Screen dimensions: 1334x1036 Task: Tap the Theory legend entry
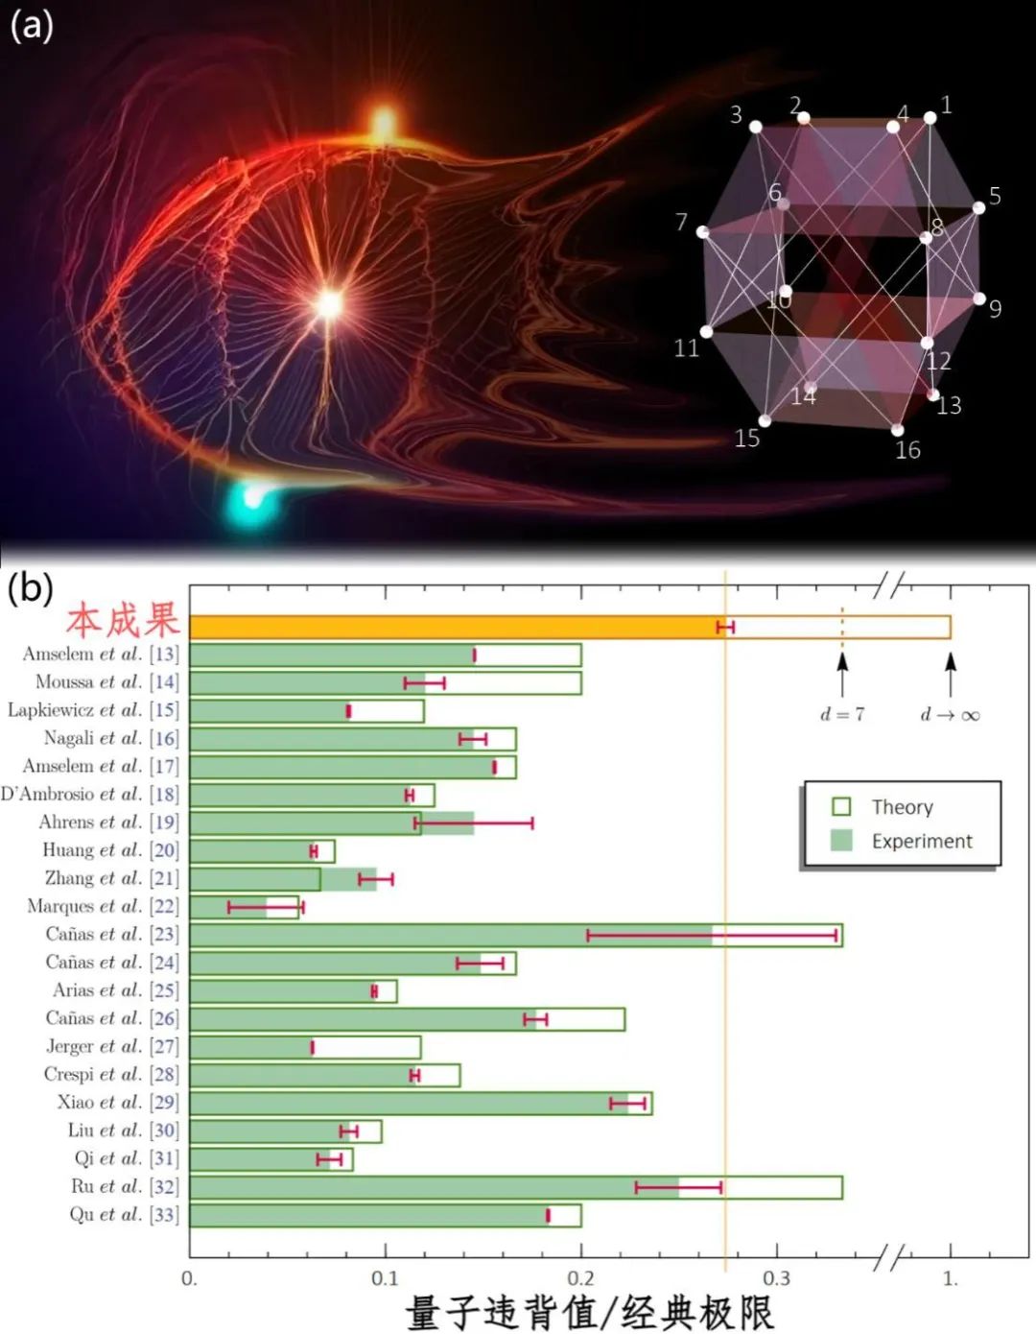click(x=901, y=807)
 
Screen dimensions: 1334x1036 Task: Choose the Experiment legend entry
click(x=921, y=842)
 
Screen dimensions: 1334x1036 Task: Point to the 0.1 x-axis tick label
click(x=385, y=1279)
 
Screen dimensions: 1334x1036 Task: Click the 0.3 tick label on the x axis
click(x=776, y=1279)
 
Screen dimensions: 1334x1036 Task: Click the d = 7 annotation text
click(x=842, y=715)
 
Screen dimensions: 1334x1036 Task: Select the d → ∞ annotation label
click(x=950, y=715)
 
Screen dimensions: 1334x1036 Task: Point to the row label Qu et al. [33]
click(x=124, y=1215)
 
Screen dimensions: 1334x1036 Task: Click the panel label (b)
click(x=30, y=587)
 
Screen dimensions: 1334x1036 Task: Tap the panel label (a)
click(x=31, y=26)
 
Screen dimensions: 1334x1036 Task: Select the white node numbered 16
click(x=897, y=430)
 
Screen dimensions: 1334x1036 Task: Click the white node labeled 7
click(x=703, y=232)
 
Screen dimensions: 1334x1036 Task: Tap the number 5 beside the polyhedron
click(x=995, y=197)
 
